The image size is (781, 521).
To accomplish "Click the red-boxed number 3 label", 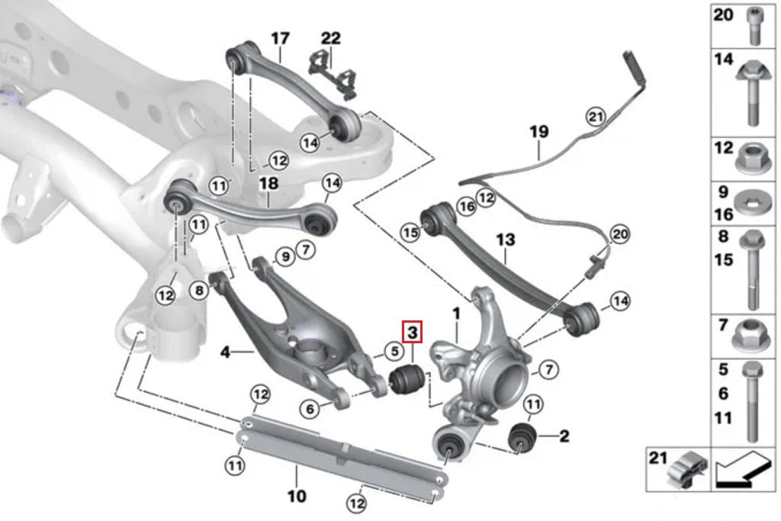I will [412, 333].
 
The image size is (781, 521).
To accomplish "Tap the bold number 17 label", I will [280, 37].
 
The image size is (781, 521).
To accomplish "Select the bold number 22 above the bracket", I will [331, 37].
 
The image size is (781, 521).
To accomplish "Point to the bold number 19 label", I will [538, 131].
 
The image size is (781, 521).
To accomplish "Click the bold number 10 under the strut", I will [297, 497].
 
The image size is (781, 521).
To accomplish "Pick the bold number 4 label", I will [225, 352].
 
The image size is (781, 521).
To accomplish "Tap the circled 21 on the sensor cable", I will [596, 116].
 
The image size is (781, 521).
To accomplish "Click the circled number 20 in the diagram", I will [620, 234].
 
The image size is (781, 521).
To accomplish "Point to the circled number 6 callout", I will [310, 410].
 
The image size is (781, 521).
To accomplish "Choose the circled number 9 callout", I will [284, 257].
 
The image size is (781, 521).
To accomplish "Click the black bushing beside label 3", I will [406, 377].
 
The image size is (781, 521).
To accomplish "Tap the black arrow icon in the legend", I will [744, 471].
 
